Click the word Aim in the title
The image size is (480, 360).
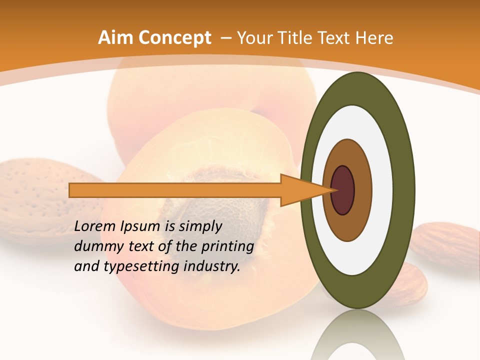pyautogui.click(x=115, y=38)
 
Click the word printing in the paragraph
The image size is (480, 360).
pyautogui.click(x=229, y=246)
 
